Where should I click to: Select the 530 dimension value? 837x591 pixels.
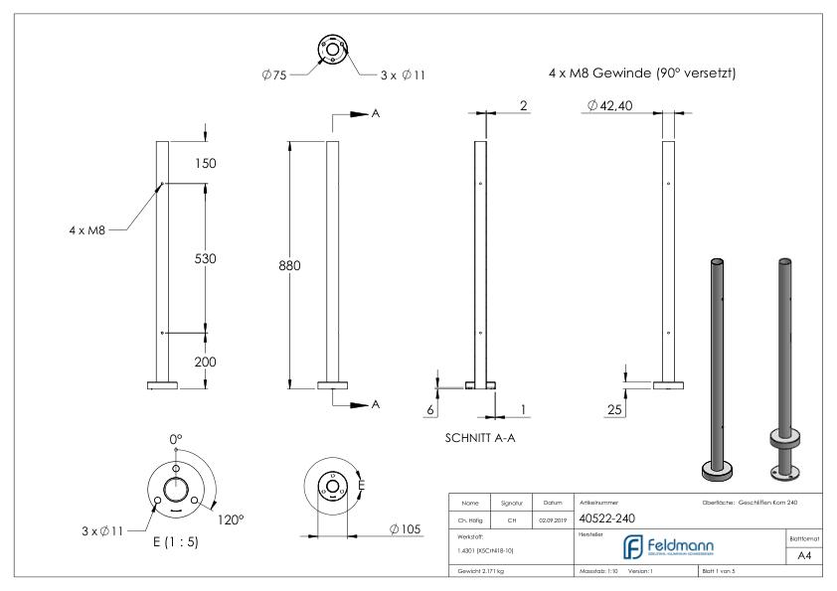coord(204,258)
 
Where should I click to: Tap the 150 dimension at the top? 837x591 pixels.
coord(204,163)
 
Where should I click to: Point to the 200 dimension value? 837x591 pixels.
coord(204,362)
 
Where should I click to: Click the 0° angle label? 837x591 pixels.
coord(177,438)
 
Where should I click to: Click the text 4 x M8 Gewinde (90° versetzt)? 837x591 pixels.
coord(641,74)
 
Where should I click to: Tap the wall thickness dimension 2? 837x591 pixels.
coord(521,105)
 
